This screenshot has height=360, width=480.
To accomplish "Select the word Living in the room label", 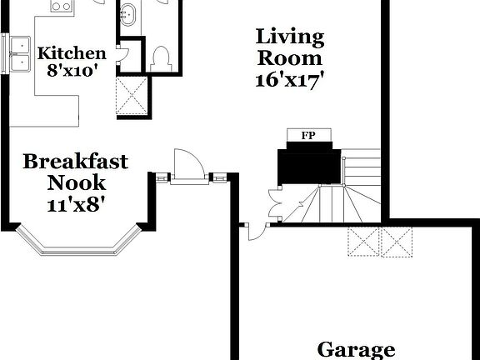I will coord(288,37).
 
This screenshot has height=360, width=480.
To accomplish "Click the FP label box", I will coord(309,134).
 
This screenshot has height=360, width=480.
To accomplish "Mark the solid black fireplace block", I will coord(309,162).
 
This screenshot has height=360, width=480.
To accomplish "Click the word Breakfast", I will coord(75,161).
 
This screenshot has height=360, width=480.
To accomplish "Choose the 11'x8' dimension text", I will coord(77,202).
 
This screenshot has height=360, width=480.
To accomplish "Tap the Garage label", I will coord(356,349).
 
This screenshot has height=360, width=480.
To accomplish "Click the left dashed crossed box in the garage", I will coord(363,242).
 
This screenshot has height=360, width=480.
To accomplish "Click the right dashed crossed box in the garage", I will coord(397,242).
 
